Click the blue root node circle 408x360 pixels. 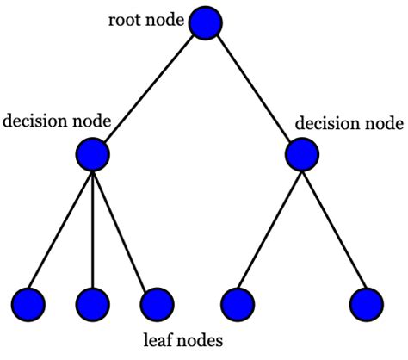pos(207,23)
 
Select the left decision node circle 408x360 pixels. pos(92,154)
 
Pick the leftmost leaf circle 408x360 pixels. pos(29,302)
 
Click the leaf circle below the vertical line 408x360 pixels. pos(92,302)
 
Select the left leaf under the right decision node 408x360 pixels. pos(238,302)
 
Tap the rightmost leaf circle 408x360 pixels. pos(367,302)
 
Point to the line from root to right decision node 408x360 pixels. pos(256,89)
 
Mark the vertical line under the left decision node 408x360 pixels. pos(92,228)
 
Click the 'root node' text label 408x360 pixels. pos(145,20)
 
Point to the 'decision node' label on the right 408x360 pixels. pos(349,123)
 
